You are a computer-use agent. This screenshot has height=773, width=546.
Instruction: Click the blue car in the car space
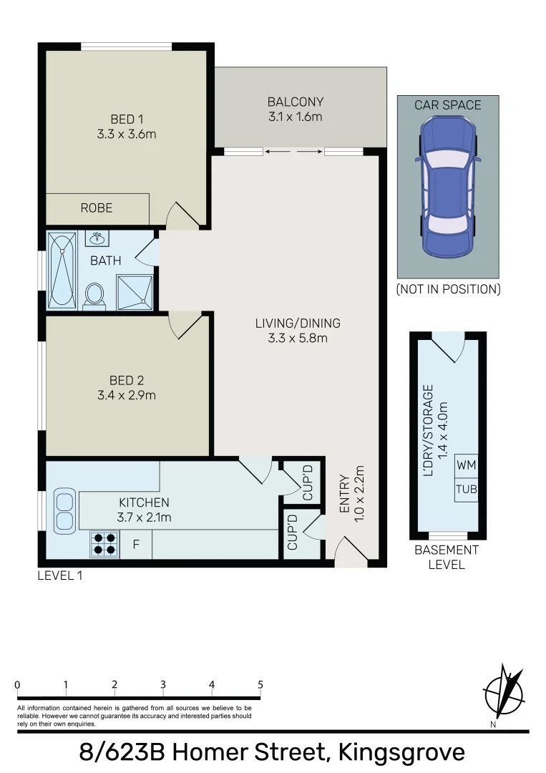pos(448,188)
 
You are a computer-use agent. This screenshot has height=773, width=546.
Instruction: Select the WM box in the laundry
pos(466,465)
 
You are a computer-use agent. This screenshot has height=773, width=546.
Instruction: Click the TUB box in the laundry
pos(466,490)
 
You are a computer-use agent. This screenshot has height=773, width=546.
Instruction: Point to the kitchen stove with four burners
pos(104,545)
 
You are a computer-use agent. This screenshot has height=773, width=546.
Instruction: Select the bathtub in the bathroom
pos(63,271)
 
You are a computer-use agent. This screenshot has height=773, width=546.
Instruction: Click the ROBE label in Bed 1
pos(96,208)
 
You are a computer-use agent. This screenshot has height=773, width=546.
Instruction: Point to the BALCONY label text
pos(296,102)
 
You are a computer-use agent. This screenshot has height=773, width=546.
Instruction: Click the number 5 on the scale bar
pos(260,684)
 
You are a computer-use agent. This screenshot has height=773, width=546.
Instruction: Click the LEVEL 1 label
pos(60,575)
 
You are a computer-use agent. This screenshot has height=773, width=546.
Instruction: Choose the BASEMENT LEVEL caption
pos(447,557)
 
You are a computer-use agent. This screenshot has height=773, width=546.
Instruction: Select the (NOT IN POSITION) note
pos(448,289)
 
